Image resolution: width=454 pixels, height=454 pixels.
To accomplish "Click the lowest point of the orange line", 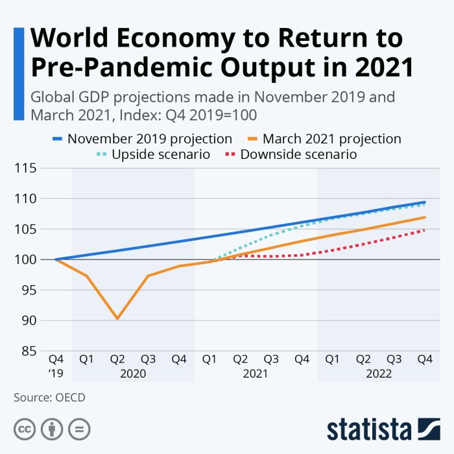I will [x=117, y=318].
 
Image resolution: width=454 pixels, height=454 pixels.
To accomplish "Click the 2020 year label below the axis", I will [x=132, y=374].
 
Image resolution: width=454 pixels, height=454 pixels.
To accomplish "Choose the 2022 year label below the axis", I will [x=377, y=374].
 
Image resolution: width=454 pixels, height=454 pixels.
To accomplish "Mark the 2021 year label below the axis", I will [x=255, y=374].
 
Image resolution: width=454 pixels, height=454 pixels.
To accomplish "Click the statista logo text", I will [x=369, y=429].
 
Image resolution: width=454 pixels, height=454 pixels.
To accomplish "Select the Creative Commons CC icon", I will [x=25, y=429].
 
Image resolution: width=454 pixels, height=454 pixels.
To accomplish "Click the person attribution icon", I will [x=52, y=429].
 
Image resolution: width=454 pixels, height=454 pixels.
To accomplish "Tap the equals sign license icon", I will [x=79, y=429].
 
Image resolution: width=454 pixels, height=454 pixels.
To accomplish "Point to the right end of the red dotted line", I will [x=425, y=230].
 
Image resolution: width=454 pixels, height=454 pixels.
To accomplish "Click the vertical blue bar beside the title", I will [x=18, y=73].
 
